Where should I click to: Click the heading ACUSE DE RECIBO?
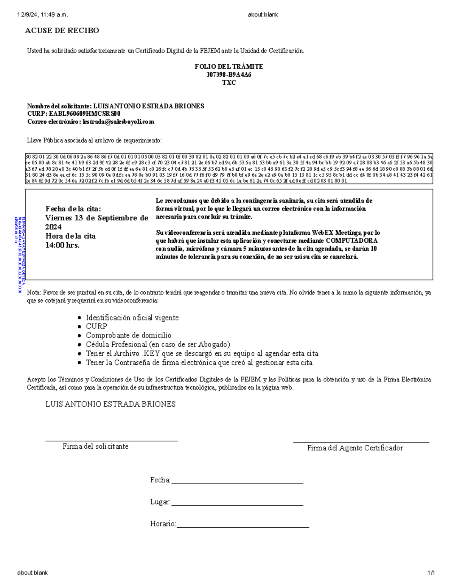click(62, 31)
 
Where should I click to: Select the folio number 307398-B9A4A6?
click(229, 74)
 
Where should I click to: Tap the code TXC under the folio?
click(229, 82)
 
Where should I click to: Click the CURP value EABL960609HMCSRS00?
click(85, 114)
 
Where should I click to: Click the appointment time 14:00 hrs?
click(62, 245)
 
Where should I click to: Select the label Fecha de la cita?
click(73, 209)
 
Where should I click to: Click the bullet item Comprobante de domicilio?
click(128, 335)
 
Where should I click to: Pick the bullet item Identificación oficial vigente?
click(132, 318)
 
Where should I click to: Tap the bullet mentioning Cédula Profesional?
click(158, 344)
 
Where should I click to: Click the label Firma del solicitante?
click(95, 446)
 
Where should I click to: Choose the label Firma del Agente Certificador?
click(355, 448)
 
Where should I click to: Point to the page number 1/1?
click(431, 573)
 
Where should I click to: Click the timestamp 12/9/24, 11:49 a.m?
click(42, 15)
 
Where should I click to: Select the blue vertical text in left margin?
click(19, 255)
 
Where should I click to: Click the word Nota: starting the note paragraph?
click(34, 293)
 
